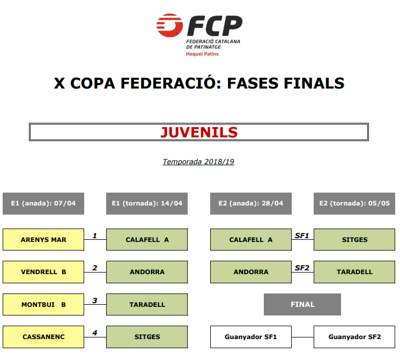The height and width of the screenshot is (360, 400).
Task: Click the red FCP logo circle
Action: [169, 25]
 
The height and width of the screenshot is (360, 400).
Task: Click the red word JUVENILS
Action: [199, 133]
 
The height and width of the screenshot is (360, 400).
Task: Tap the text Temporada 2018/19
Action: [198, 161]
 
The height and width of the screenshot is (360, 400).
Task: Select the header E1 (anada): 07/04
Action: [43, 203]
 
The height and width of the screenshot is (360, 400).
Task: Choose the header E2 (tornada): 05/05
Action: [354, 203]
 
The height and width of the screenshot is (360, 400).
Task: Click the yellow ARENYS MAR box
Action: [43, 239]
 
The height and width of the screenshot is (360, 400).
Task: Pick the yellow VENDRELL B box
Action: [43, 272]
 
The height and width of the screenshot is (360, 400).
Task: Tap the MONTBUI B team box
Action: [43, 304]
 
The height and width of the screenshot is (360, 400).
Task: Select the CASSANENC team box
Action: [43, 337]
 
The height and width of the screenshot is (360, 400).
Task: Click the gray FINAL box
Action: [302, 304]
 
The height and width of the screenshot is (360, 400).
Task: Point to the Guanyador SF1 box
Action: [251, 337]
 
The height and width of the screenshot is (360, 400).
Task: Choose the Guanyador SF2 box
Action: [354, 337]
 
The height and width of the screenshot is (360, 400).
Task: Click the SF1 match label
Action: [302, 236]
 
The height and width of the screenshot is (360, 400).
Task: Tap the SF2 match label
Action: [302, 268]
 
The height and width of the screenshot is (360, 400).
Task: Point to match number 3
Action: [95, 300]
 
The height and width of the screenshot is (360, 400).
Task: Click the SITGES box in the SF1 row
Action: [354, 239]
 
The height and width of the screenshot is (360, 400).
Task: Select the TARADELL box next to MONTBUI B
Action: [147, 304]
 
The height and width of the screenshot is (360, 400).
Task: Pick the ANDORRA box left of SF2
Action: [251, 272]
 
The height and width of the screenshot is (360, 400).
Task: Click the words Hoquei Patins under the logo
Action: [202, 54]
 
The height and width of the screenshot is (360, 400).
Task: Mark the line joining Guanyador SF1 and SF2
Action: [302, 337]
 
